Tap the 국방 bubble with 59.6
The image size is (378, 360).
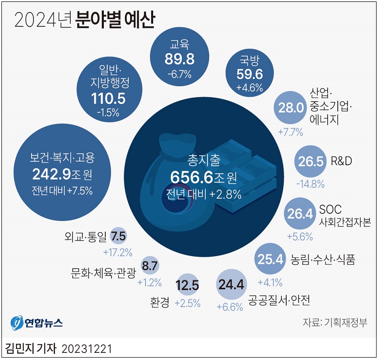coord(249,72)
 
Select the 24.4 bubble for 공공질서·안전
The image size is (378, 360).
coord(231,284)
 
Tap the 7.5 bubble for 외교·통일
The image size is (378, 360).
coord(118,236)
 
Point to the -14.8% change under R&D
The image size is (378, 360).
coord(310,183)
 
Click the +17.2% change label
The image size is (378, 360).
coord(117,252)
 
